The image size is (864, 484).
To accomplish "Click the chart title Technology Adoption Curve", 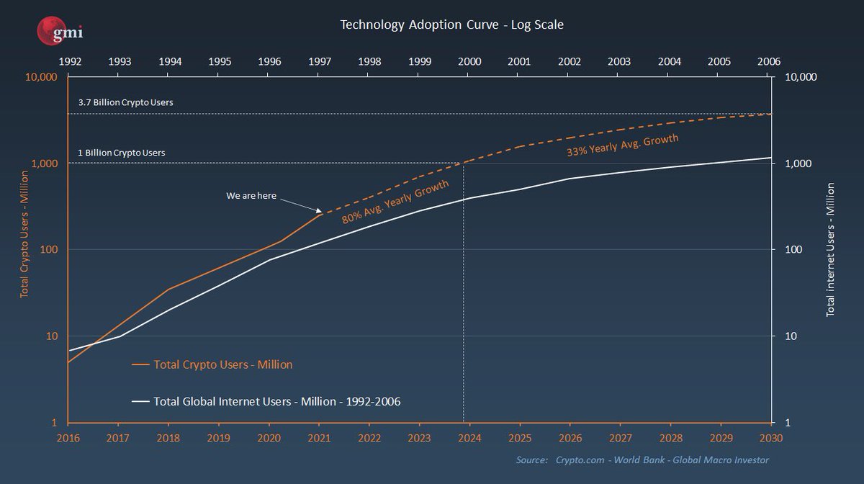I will coord(451,24).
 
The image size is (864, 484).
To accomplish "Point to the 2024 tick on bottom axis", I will coord(469,436).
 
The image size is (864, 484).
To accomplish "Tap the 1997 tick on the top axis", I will coord(320,61).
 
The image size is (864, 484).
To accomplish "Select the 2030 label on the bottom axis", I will coord(770,436).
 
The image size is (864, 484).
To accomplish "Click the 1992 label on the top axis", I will coord(69,61).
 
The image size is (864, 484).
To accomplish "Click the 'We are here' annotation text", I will coord(251,195).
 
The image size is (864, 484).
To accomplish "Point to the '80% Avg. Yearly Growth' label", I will coord(401,202).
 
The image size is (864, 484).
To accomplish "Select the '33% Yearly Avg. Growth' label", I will coord(622,146).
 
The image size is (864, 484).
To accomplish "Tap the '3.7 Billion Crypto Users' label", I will coord(125,102).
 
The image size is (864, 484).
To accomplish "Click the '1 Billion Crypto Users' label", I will coord(122,153).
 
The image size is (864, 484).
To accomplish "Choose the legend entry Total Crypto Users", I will coord(222,364).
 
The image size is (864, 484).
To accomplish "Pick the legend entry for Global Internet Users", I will coord(277,400).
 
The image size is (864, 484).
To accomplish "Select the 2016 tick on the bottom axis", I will coord(69,436).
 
